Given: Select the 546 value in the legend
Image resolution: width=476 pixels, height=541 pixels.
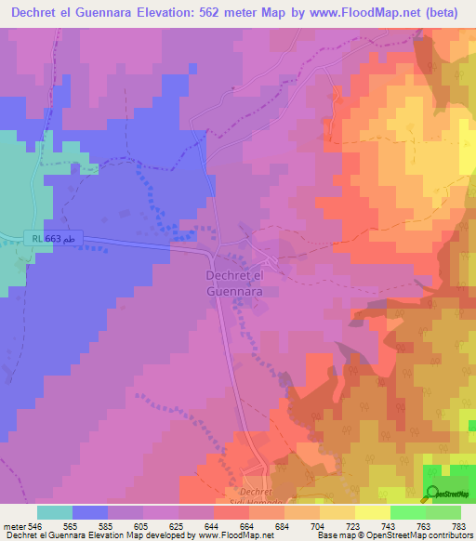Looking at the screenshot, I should click(x=37, y=527).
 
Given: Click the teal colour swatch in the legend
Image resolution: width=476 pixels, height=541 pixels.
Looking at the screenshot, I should click(x=55, y=512).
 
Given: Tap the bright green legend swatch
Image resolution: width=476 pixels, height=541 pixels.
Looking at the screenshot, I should click(x=408, y=512).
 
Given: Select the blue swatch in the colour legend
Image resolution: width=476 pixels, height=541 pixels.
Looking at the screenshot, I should click(x=90, y=512).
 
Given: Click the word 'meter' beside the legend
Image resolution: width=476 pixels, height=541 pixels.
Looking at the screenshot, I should click(x=15, y=527).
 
